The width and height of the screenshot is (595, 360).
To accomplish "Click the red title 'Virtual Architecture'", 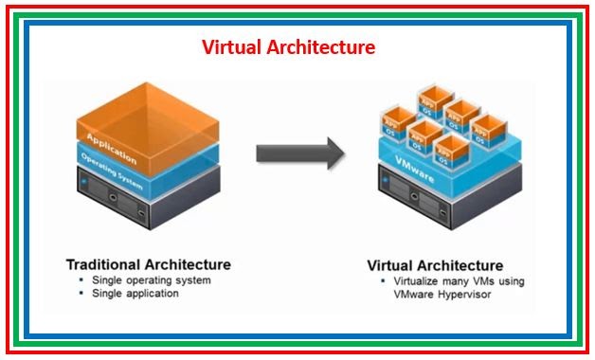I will point(289,46).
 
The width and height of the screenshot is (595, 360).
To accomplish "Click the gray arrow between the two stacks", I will point(299,152).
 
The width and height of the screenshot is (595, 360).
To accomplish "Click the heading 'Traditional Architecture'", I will point(148,263).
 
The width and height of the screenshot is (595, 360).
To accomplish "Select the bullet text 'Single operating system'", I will point(151,280).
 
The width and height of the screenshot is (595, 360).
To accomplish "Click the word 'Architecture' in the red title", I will point(326,46).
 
